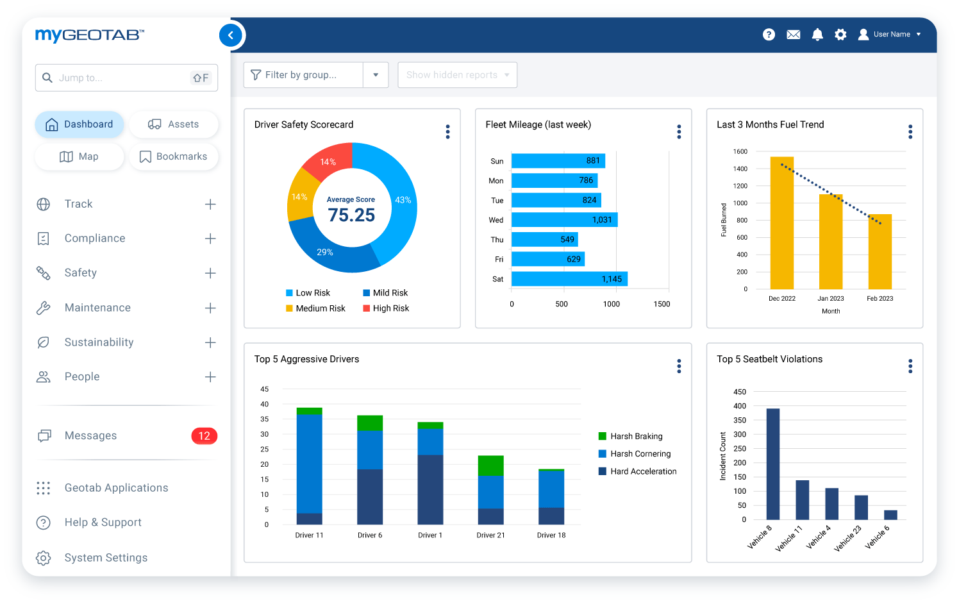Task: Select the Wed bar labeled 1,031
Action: click(x=564, y=220)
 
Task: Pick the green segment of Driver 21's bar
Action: click(x=491, y=465)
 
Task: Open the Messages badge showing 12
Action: click(x=204, y=436)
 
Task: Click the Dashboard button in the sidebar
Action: click(x=79, y=124)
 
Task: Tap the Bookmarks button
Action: click(x=174, y=156)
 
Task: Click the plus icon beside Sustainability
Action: click(x=210, y=342)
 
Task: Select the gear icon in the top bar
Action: click(x=840, y=35)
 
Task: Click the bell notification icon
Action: click(x=817, y=35)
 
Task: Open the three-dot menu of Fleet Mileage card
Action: click(x=679, y=132)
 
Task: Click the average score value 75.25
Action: click(x=351, y=215)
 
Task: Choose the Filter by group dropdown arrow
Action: click(x=376, y=75)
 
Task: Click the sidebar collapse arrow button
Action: click(x=231, y=35)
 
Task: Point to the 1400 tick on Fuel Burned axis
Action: click(x=740, y=169)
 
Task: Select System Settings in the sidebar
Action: click(x=106, y=558)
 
